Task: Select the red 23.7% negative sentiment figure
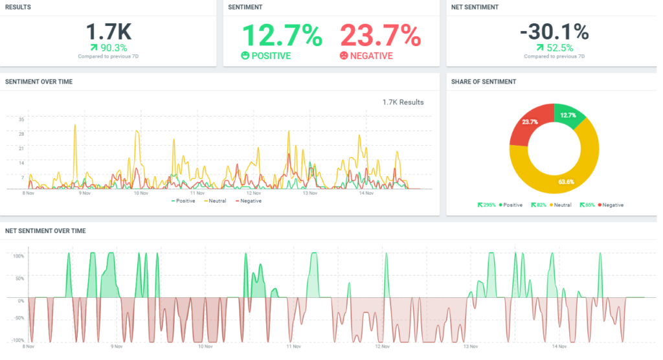click(x=380, y=35)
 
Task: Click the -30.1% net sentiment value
click(x=554, y=32)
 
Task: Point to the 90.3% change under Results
click(x=113, y=47)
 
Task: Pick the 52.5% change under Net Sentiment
click(x=558, y=47)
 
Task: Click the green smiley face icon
click(x=245, y=56)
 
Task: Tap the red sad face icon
click(x=343, y=56)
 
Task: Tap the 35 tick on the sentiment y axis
click(x=21, y=119)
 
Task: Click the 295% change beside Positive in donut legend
click(x=486, y=205)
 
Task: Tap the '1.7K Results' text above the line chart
click(x=403, y=102)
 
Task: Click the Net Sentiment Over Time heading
click(x=45, y=231)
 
